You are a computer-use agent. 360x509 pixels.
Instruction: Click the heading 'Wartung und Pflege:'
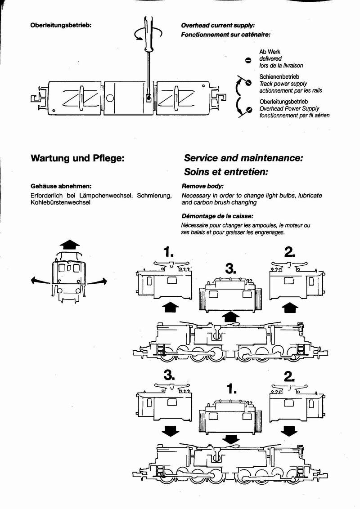pos(76,158)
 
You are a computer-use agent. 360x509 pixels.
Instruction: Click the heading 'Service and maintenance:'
pos(243,158)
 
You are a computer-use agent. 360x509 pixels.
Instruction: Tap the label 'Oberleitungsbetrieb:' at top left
pos(60,26)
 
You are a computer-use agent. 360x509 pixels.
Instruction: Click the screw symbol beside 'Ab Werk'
pos(248,59)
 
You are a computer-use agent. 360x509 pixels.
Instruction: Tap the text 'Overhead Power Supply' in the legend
pos(289,109)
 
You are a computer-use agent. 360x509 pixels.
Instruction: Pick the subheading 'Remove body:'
pos(202,186)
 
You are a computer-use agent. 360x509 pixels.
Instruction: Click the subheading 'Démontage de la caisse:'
pos(217,216)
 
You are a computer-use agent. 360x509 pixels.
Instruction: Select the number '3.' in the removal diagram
pos(230,270)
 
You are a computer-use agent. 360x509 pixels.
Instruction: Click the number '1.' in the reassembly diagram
pos(232,388)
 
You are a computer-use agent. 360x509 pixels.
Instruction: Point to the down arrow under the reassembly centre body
pos(231,438)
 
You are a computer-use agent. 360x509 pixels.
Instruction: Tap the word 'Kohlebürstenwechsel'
pos(60,203)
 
